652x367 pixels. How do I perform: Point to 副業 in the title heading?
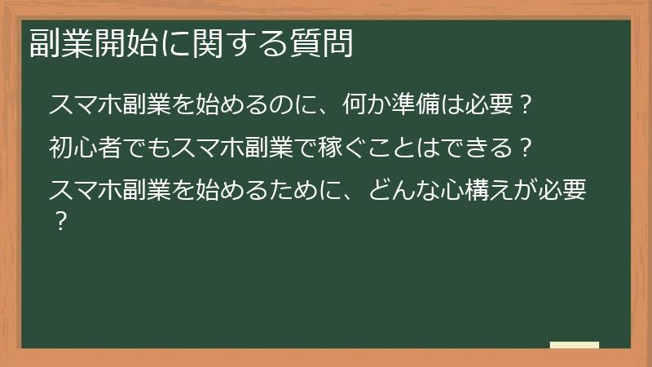pyautogui.click(x=62, y=45)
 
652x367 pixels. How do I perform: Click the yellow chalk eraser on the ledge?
pyautogui.click(x=575, y=345)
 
